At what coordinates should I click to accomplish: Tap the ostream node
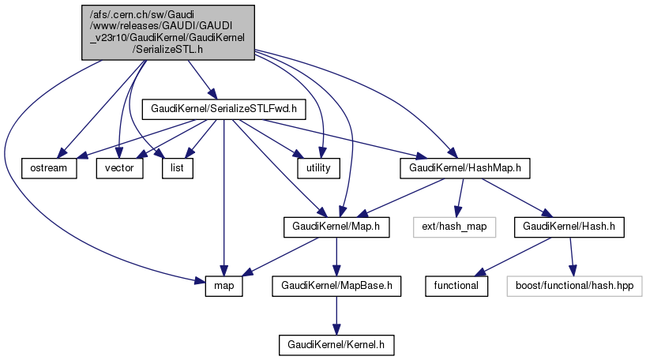[x=50, y=168]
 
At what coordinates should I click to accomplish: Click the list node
[x=178, y=168]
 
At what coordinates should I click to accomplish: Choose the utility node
[x=318, y=168]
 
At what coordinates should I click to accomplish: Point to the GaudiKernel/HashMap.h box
[x=464, y=168]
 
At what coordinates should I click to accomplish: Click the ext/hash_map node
[x=454, y=227]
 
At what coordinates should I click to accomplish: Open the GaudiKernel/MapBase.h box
[x=336, y=286]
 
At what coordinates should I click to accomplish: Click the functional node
[x=456, y=286]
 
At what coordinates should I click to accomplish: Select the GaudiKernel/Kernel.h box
[x=336, y=344]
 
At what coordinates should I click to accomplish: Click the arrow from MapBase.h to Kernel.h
[x=336, y=315]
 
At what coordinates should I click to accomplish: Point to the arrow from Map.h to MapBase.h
[x=336, y=257]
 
